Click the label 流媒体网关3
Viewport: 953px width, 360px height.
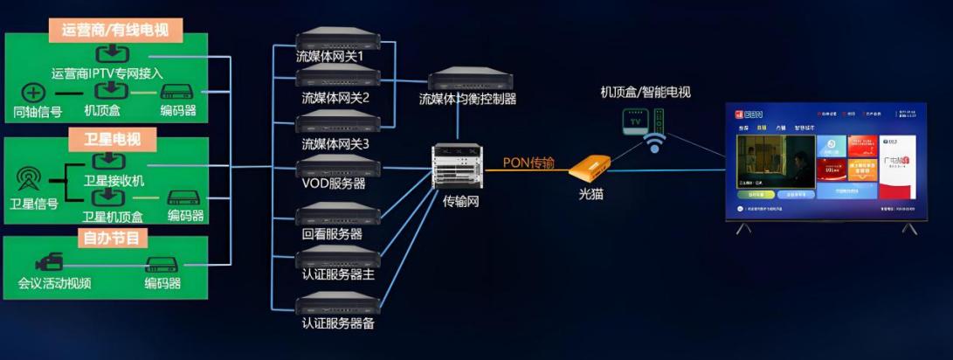[335, 143]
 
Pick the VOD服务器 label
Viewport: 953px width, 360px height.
[333, 184]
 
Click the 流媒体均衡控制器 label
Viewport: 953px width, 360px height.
[467, 99]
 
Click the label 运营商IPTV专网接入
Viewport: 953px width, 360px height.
[107, 73]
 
